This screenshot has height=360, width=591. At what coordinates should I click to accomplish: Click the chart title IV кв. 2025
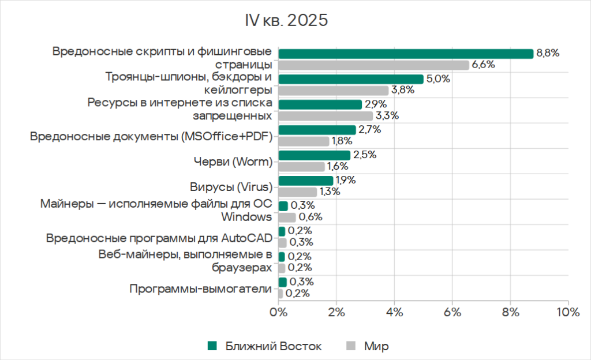point(287,20)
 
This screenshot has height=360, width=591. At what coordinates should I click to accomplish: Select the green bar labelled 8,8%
point(406,54)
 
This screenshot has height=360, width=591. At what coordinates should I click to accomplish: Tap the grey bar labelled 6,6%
point(373,65)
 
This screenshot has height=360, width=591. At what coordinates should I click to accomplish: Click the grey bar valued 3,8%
point(333,91)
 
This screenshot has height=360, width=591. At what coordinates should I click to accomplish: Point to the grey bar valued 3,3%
point(326,116)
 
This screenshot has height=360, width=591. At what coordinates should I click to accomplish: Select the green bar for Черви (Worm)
point(315,155)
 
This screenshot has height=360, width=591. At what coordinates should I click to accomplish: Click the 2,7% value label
point(369,130)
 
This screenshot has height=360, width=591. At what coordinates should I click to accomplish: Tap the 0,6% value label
point(311,217)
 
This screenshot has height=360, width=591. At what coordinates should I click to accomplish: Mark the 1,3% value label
point(329,192)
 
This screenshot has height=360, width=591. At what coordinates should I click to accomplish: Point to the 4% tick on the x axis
point(394,312)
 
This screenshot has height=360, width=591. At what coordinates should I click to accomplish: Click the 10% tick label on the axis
point(568,312)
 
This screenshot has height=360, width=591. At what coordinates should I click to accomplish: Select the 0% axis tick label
point(279,312)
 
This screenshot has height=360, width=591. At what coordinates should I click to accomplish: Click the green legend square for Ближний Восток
point(212,346)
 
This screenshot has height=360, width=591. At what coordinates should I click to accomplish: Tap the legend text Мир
point(376,346)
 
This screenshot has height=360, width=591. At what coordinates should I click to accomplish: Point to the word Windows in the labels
point(246,217)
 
